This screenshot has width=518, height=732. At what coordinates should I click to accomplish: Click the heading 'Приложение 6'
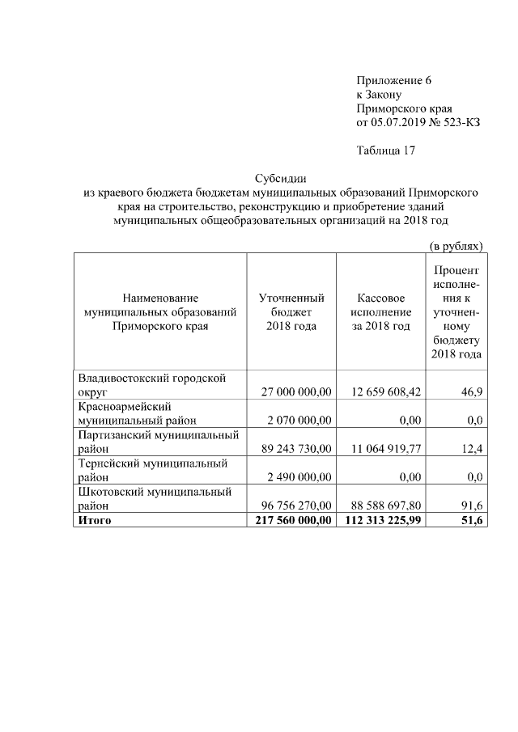click(x=394, y=80)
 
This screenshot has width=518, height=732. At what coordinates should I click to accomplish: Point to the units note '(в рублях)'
click(x=456, y=245)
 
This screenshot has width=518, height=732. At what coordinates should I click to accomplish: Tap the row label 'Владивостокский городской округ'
click(x=151, y=384)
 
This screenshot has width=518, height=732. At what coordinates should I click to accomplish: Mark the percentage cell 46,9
click(x=469, y=391)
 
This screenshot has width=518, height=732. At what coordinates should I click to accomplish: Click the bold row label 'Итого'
click(x=94, y=520)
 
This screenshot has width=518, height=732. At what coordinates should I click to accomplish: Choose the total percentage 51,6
click(x=469, y=520)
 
